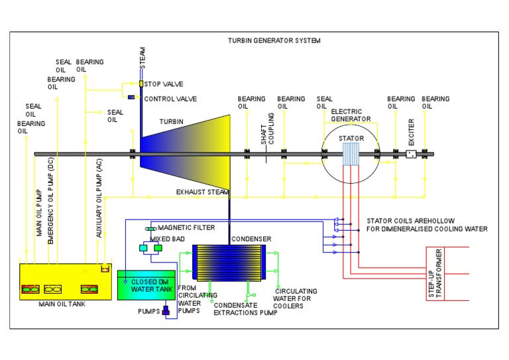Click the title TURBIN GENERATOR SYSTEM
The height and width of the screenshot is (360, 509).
tap(274, 40)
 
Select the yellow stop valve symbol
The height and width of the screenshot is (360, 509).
tap(141, 84)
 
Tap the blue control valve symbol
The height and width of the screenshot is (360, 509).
tap(131, 98)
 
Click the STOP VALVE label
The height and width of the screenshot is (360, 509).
tap(164, 84)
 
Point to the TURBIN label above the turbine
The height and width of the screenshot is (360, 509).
tap(172, 121)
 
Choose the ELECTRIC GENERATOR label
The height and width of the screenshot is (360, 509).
tap(351, 115)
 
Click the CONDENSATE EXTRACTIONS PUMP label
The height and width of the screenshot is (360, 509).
tap(245, 308)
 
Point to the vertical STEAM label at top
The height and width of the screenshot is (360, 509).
tap(142, 58)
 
